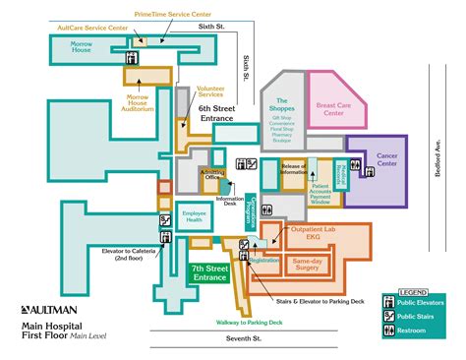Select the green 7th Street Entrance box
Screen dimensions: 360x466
pos(208,272)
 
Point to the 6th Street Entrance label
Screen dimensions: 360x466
pos(216,113)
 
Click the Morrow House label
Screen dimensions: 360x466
pos(83,49)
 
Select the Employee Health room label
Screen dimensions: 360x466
pos(193,216)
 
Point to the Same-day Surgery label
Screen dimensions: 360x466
pos(309,265)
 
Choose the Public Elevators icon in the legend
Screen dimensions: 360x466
pos(389,304)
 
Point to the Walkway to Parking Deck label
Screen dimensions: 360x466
pos(250,322)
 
